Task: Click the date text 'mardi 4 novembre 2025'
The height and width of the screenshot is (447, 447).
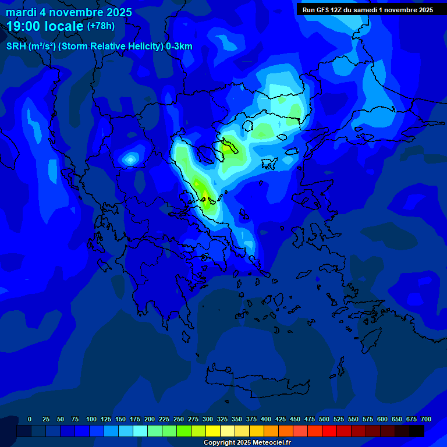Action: (69, 12)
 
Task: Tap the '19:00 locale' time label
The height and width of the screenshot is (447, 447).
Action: (45, 26)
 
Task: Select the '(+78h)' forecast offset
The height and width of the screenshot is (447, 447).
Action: (101, 26)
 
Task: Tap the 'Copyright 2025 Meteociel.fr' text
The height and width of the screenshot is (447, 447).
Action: (247, 443)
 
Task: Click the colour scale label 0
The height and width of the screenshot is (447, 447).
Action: (30, 419)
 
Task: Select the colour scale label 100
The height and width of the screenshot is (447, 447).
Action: (91, 419)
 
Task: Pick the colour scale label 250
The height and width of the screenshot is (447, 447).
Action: (179, 419)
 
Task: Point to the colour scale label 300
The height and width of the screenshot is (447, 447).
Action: (208, 419)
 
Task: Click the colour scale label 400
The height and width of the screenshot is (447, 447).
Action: (266, 419)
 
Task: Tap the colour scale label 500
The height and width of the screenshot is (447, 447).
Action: (324, 419)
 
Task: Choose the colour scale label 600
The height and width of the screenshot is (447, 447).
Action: (382, 419)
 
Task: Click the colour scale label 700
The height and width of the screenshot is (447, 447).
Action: (426, 419)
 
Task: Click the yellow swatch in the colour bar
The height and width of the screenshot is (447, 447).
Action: (213, 431)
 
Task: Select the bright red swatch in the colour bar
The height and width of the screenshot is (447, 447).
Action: (329, 431)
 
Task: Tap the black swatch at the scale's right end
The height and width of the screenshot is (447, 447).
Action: (417, 431)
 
